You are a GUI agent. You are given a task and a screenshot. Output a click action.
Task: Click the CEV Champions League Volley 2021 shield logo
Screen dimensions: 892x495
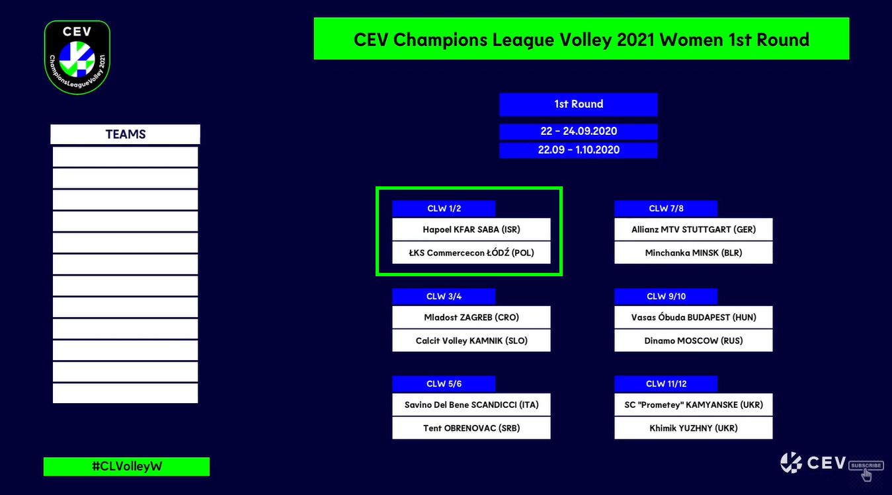(77, 57)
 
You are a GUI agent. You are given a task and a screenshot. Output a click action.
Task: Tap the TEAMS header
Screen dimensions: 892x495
(126, 134)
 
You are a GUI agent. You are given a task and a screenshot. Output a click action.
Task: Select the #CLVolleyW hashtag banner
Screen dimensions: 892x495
(127, 467)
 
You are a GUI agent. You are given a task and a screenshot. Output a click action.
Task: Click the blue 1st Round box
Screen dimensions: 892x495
(578, 104)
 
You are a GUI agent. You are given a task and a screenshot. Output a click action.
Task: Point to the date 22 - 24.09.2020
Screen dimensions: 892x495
(578, 132)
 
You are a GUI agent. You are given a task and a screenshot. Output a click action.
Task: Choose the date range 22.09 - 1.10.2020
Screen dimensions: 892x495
(578, 150)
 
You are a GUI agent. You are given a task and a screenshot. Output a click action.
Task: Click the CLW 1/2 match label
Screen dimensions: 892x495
(444, 208)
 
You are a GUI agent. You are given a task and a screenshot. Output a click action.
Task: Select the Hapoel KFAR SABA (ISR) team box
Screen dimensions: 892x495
(471, 229)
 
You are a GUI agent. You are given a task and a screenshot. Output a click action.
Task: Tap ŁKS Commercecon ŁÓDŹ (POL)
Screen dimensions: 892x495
(471, 252)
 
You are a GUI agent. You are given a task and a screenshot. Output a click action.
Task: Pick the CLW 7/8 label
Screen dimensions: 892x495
(666, 208)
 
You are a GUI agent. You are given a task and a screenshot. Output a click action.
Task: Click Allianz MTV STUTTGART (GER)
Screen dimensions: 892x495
(693, 229)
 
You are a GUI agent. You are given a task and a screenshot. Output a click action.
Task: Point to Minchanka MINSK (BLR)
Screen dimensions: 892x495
(693, 252)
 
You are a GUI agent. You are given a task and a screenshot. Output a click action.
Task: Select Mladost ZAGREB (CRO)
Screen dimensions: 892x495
(471, 317)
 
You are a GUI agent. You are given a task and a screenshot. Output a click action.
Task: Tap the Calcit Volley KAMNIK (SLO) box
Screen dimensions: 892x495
(471, 340)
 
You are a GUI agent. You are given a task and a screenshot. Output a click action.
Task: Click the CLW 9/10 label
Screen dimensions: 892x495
(666, 297)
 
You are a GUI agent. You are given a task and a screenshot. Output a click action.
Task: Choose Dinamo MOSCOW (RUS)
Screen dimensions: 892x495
(693, 340)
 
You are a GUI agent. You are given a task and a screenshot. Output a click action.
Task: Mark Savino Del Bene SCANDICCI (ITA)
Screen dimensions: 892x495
(471, 404)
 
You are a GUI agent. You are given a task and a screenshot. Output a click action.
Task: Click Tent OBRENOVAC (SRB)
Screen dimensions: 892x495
(471, 428)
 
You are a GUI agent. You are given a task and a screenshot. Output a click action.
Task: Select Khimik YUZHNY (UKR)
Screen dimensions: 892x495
(693, 428)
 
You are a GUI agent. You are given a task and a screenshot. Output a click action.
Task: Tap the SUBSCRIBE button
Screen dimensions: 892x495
(866, 465)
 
